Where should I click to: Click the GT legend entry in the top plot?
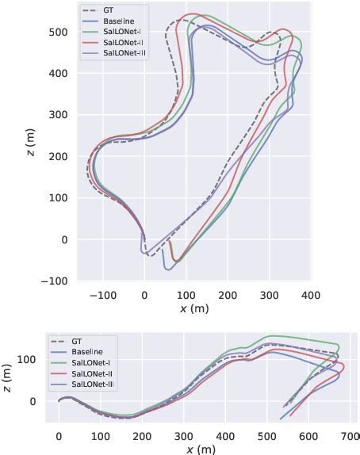click(x=108, y=10)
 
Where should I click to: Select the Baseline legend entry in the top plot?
click(x=116, y=20)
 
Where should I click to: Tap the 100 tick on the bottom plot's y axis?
click(x=32, y=359)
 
